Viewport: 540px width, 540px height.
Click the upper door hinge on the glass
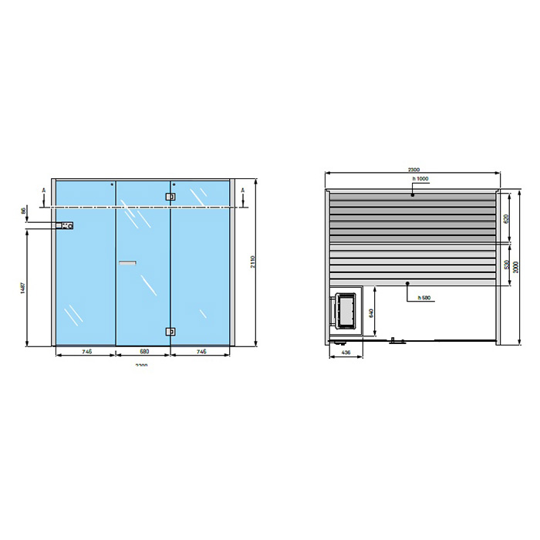(x=170, y=197)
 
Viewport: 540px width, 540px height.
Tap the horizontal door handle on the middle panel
(x=127, y=264)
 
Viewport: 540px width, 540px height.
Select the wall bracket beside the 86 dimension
(x=66, y=226)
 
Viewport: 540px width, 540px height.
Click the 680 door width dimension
(x=143, y=351)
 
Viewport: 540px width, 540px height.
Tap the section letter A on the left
(x=44, y=190)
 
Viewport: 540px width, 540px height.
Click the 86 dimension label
(x=24, y=210)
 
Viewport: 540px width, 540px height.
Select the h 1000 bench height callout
(x=420, y=179)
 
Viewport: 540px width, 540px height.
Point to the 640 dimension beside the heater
(x=371, y=312)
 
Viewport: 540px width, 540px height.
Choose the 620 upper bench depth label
(x=506, y=218)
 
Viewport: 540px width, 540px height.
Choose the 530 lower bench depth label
(x=506, y=265)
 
